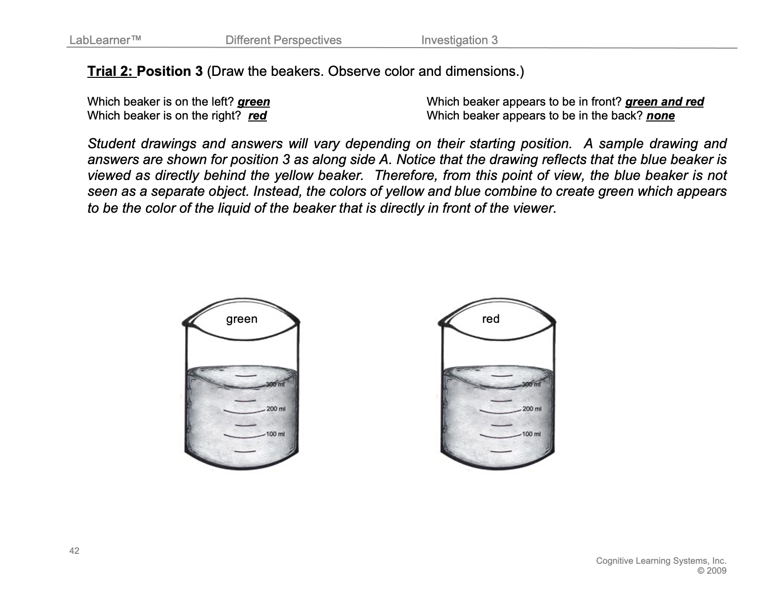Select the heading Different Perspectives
283,40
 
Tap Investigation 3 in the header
459,40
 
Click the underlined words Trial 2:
111,71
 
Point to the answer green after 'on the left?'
254,102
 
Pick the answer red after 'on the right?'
257,116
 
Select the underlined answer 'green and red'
664,102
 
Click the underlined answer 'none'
660,116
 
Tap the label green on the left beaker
242,319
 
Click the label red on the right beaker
491,319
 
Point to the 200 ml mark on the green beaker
275,409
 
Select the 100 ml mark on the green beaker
275,434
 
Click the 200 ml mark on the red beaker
531,409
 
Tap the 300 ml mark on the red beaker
530,384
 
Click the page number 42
74,551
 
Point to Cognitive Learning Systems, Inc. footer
661,561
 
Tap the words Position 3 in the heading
170,71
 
